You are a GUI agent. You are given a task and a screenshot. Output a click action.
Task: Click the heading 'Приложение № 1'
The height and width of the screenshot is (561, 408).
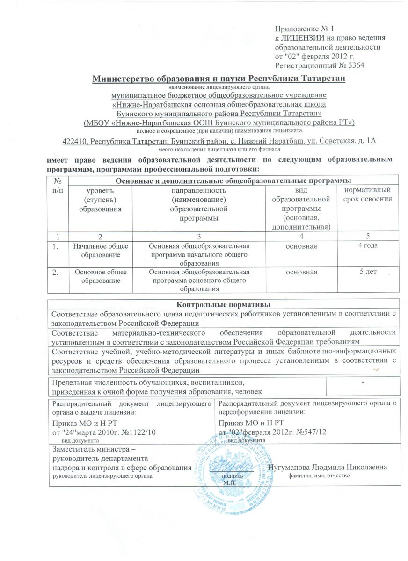click(x=301, y=29)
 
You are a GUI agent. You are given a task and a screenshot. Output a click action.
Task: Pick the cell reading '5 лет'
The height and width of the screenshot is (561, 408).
click(x=368, y=272)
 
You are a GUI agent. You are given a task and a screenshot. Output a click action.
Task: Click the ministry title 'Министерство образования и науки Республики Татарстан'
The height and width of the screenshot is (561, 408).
click(x=219, y=78)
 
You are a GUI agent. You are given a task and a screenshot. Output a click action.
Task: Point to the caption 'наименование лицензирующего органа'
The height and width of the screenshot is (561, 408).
click(x=219, y=87)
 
